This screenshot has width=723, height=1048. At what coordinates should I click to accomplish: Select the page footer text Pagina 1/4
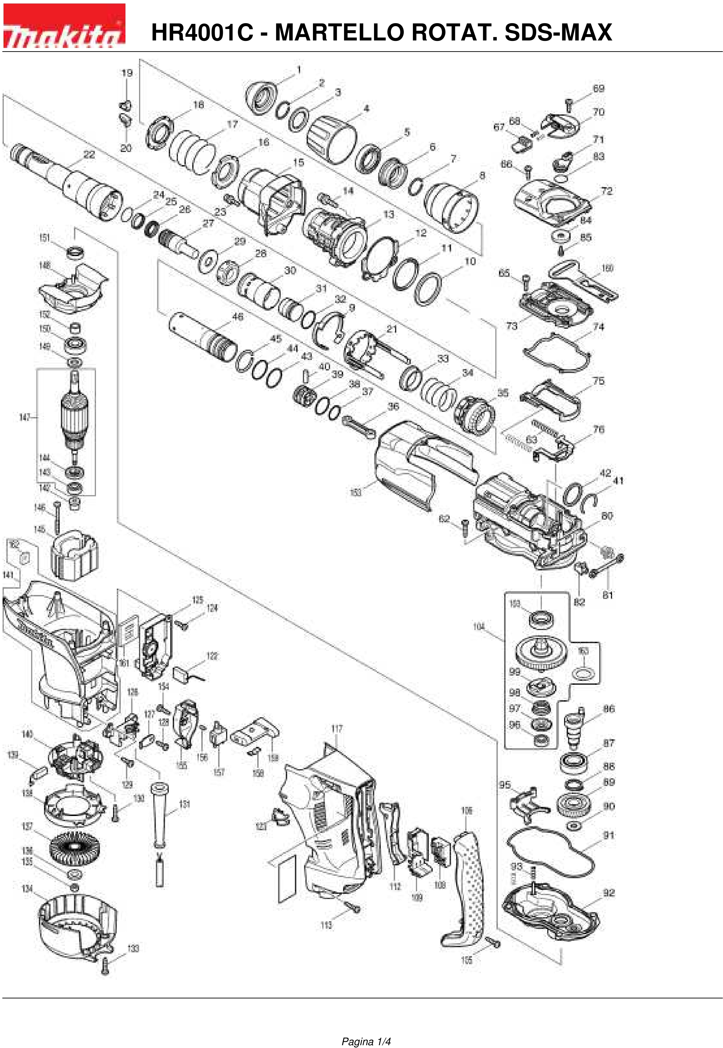366,1029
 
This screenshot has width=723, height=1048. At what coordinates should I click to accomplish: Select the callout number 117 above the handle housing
337,728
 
